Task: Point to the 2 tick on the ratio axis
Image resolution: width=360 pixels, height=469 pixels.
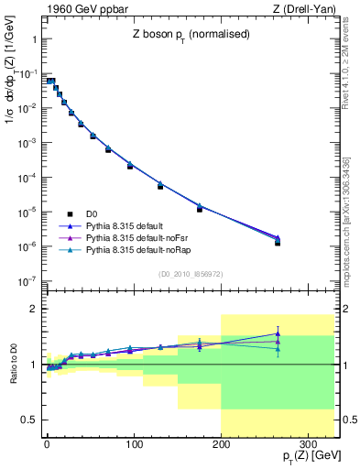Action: pos(32,309)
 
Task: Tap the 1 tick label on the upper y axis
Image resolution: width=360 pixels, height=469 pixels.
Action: pos(32,41)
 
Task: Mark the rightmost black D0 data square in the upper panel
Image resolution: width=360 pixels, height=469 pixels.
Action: pos(277,243)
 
